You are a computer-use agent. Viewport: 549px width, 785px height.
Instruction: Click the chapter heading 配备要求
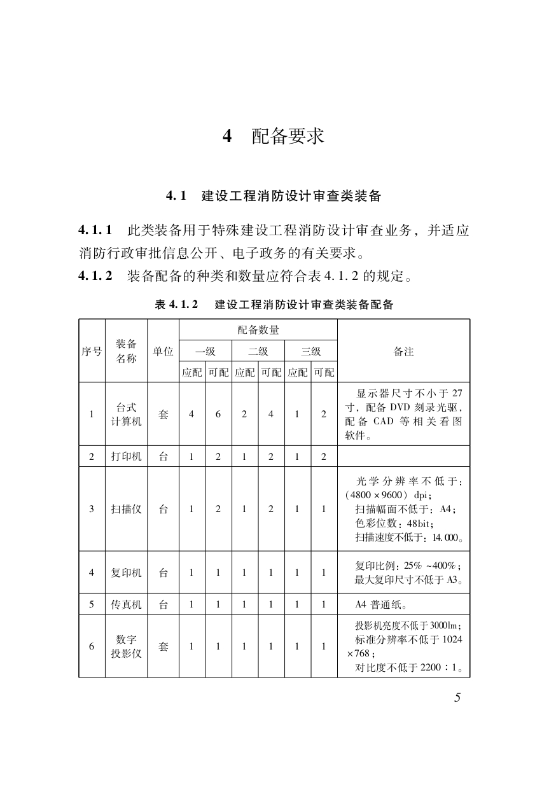(288, 136)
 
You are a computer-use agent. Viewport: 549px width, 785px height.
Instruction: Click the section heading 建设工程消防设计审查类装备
(291, 196)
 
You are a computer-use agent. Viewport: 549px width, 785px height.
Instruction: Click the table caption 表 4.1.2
(176, 305)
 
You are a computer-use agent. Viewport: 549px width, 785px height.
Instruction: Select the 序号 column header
(92, 351)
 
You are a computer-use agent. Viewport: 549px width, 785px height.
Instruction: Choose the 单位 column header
(163, 351)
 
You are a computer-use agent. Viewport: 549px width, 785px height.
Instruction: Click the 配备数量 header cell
(258, 330)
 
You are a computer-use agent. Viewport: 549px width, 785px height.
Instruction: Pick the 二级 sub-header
(258, 351)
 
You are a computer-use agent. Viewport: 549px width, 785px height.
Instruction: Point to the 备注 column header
(403, 351)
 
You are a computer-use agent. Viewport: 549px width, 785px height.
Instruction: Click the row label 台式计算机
(126, 414)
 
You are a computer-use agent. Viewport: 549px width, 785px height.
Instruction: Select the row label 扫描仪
(126, 509)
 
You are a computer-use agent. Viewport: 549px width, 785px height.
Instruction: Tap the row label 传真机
(126, 604)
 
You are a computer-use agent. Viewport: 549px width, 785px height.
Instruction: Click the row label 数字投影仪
(126, 646)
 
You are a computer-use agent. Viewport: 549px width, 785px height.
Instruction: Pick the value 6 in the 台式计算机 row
(218, 414)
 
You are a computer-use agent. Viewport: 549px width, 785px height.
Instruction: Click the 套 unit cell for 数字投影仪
(163, 646)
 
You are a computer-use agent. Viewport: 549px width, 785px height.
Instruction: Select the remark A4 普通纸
(381, 604)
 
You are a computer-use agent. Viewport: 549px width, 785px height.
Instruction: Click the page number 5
(457, 697)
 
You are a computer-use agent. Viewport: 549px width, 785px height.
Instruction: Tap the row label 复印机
(126, 573)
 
